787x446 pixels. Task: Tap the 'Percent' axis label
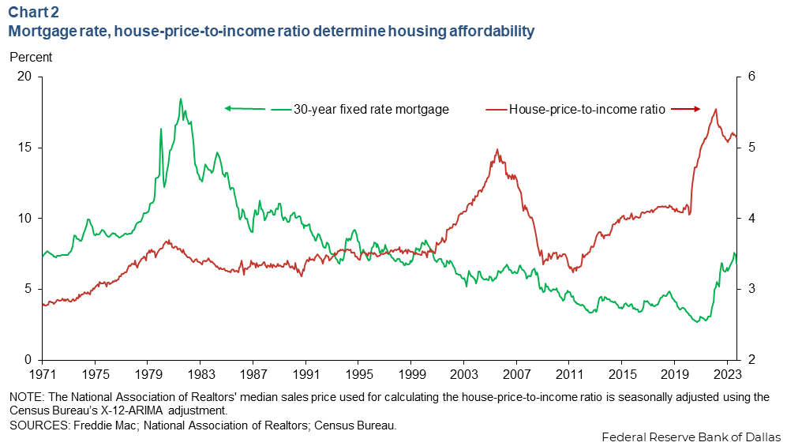[31, 57]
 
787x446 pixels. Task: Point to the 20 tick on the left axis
[24, 77]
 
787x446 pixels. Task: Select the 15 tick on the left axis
[24, 148]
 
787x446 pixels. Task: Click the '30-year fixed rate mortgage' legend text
[371, 110]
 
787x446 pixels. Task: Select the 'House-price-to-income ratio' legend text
[587, 110]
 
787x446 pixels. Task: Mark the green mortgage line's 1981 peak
[180, 99]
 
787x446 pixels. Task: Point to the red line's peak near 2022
[715, 109]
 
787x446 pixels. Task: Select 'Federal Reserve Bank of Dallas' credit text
[691, 437]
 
